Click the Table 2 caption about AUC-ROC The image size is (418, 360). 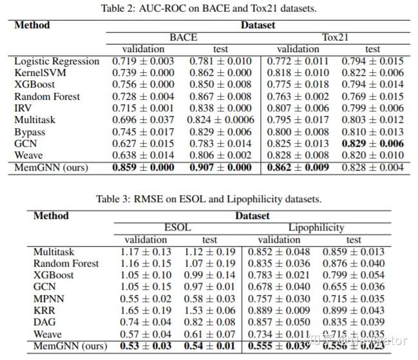pos(209,8)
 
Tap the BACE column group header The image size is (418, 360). pos(183,37)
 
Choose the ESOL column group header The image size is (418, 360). pos(178,227)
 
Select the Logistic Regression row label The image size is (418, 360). pos(57,61)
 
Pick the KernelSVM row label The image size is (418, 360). pos(40,73)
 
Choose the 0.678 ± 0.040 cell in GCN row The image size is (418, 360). pos(283,287)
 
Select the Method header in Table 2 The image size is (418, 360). pos(32,25)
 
